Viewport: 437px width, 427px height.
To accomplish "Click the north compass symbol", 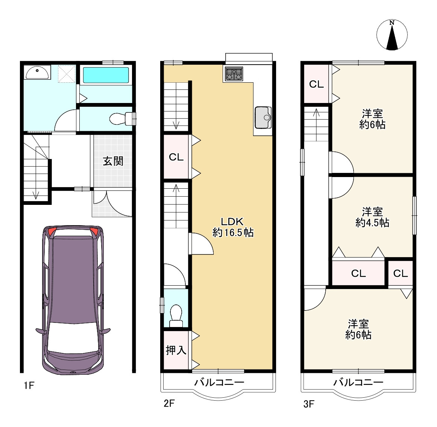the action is (392, 35).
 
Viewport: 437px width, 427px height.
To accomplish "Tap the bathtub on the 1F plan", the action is (106, 75).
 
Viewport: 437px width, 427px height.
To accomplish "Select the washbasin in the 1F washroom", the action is (37, 73).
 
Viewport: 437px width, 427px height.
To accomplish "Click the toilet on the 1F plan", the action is (122, 119).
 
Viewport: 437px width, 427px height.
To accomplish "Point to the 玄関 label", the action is (113, 161).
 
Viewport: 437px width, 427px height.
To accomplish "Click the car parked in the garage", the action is (73, 300).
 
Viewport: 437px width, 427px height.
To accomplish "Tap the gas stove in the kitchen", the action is (234, 74).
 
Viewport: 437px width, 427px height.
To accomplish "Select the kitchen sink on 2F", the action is (263, 117).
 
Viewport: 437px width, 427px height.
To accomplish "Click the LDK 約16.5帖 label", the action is (233, 227).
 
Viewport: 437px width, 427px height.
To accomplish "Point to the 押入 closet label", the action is (176, 350).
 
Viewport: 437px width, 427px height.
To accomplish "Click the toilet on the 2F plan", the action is (176, 316).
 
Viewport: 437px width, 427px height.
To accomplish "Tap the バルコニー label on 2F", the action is (219, 382).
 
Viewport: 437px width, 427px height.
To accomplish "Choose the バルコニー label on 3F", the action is (358, 382).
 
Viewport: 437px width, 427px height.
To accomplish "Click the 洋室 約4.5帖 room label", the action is (372, 217).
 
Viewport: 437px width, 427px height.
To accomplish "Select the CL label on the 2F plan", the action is (176, 157).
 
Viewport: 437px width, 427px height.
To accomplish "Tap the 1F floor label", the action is (29, 386).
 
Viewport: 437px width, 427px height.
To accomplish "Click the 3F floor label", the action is (309, 404).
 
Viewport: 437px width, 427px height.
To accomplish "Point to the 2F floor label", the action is (169, 403).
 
